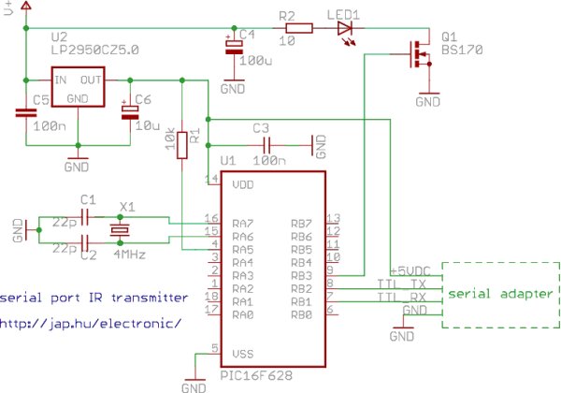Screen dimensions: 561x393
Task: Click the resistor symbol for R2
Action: (299, 28)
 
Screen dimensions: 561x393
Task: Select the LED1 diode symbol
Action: (345, 29)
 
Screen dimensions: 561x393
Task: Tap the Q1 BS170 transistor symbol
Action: (420, 54)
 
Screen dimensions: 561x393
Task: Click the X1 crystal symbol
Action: (120, 230)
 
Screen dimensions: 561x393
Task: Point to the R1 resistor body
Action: (182, 145)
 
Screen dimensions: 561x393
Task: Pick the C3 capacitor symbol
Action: (266, 146)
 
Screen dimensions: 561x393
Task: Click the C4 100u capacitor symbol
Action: (234, 47)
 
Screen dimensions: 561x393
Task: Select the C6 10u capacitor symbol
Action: (130, 112)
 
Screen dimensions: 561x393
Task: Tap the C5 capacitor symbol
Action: (26, 112)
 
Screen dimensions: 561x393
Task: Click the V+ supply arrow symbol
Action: (26, 6)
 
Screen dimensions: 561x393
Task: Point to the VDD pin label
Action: (243, 184)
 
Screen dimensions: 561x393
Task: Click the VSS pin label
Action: (243, 354)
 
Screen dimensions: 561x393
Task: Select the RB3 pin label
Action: (302, 276)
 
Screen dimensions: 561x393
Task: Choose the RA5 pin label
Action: (243, 250)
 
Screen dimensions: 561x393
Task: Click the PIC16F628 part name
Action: (256, 375)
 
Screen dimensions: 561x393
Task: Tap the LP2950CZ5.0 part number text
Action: (94, 50)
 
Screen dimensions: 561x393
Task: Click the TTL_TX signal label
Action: (401, 284)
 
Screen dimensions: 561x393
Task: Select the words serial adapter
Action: (500, 294)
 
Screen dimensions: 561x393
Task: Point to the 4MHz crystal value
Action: (130, 255)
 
